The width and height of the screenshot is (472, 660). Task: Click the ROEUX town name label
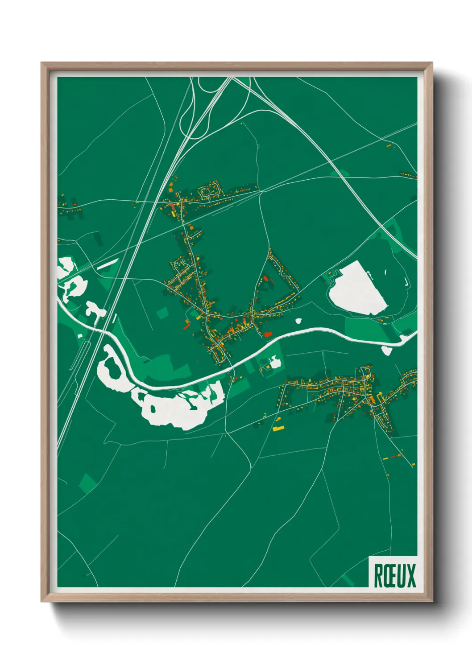point(394,575)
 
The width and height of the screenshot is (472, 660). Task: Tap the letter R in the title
point(378,576)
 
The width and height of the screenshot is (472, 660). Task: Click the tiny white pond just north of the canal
point(298,320)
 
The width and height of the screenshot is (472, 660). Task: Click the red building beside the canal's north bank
point(268,334)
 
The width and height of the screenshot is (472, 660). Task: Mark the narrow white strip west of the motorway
point(108,264)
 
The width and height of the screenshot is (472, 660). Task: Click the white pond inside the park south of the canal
point(275,362)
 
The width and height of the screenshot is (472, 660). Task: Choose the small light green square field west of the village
point(162,313)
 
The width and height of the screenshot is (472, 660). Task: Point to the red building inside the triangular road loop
point(265,279)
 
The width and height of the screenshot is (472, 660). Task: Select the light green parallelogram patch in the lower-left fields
point(88,483)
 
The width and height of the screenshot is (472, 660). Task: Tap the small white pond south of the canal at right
point(386,351)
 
